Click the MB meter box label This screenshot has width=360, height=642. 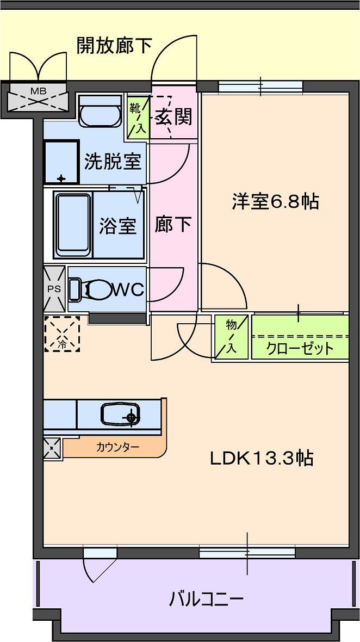[38, 90]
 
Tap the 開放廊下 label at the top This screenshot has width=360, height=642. [114, 46]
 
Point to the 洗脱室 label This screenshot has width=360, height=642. [113, 162]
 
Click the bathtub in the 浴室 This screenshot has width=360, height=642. [73, 224]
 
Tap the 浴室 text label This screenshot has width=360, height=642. [117, 226]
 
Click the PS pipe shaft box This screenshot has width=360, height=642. [55, 289]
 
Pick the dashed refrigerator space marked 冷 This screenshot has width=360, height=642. [62, 334]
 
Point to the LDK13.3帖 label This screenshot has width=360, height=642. [262, 459]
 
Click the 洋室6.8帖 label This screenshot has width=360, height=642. [275, 202]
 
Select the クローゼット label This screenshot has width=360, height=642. [300, 348]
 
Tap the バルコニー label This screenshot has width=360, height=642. [206, 600]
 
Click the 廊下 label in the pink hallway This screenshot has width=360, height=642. [173, 225]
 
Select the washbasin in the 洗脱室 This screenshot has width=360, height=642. [100, 111]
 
